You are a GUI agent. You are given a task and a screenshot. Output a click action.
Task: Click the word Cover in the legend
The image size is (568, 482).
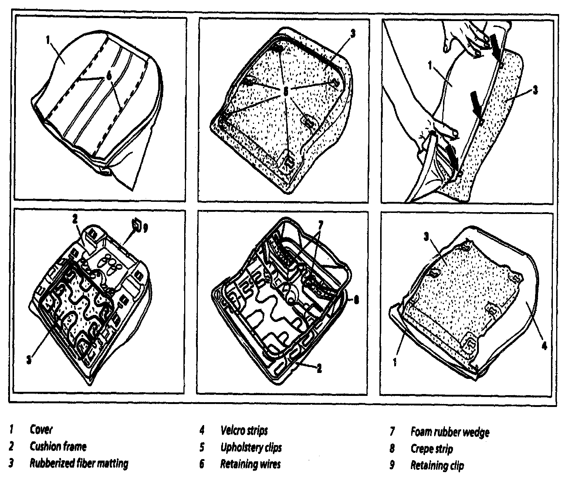click(41, 430)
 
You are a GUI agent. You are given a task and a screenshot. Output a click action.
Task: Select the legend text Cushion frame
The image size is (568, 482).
click(58, 447)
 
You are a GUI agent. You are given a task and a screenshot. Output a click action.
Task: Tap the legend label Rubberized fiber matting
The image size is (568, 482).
click(79, 463)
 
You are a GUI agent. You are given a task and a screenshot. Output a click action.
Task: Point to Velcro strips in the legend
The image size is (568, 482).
click(244, 430)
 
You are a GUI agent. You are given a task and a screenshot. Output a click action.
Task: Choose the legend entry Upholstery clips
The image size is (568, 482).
click(251, 447)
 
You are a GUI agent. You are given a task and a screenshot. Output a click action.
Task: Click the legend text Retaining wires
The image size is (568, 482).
click(250, 464)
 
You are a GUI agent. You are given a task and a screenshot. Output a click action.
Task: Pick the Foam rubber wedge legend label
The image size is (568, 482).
click(450, 432)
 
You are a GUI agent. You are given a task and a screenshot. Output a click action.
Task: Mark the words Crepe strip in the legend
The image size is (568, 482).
click(432, 449)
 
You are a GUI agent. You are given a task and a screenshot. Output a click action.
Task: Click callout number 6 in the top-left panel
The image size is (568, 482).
click(108, 75)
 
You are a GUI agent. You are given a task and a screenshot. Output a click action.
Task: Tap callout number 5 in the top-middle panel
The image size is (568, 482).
click(285, 91)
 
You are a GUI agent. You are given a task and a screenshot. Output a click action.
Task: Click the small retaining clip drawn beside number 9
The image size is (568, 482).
click(136, 224)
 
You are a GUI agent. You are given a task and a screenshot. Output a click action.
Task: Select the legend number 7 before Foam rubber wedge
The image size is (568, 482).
click(393, 432)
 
